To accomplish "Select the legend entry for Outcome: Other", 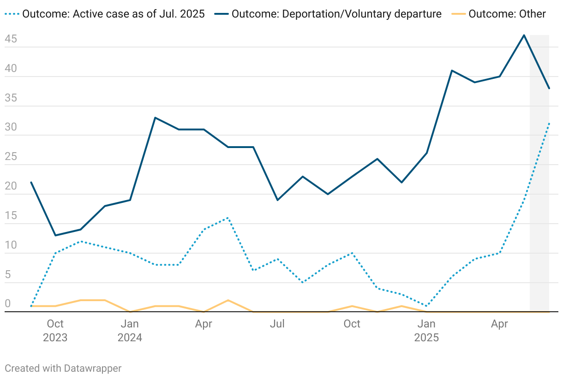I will point(507,14).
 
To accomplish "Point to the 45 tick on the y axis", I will point(11,40).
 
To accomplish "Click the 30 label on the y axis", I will point(11,128).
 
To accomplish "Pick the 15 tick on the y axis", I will point(11,216).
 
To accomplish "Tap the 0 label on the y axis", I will point(8,304).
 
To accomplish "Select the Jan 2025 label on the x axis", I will point(426,331).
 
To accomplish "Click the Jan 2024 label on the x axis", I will point(130,331).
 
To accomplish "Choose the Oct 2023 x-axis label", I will point(55,331).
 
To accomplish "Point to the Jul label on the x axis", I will point(277,324).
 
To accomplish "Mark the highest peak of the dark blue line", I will point(524,35).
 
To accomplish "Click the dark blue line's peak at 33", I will point(155,118).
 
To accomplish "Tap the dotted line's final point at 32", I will point(549,124).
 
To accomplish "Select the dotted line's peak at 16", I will point(228,218).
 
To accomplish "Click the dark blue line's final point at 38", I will point(549,88).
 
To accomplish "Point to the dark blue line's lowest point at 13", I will point(55,235).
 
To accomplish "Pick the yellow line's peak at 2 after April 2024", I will point(228,300).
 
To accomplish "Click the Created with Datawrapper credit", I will point(63,368).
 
